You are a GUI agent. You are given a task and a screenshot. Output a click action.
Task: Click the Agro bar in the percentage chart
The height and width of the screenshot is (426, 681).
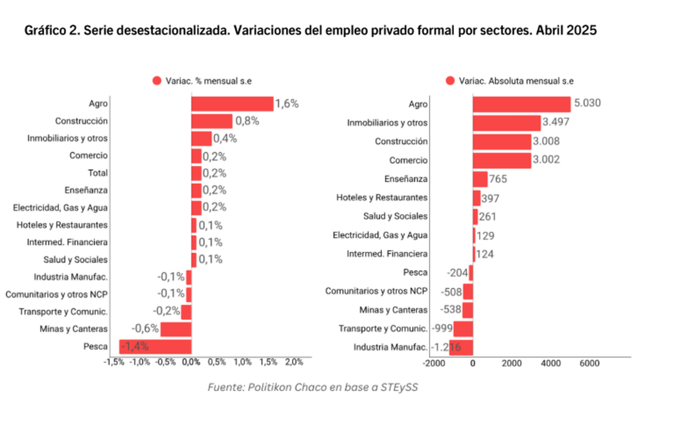(x=232, y=103)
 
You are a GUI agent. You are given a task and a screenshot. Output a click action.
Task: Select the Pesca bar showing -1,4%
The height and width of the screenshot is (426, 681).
(x=155, y=346)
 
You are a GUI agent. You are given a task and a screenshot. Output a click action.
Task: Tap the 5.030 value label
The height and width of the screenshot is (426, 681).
(x=587, y=103)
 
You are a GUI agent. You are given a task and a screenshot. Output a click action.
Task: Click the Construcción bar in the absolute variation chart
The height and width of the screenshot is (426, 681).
(x=502, y=141)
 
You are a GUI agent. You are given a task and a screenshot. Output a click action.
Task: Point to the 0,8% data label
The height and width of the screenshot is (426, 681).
(x=247, y=121)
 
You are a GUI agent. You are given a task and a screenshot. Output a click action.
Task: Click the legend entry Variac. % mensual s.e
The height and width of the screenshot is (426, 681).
(x=202, y=81)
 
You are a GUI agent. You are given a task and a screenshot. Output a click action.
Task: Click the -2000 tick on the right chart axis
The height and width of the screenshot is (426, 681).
(x=435, y=364)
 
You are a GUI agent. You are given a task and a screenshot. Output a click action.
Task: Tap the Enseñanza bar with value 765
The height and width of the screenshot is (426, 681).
(x=480, y=179)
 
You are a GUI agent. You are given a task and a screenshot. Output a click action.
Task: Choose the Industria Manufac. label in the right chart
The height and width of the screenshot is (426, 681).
(x=390, y=347)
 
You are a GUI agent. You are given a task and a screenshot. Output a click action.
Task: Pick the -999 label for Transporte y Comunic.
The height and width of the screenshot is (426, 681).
(x=442, y=328)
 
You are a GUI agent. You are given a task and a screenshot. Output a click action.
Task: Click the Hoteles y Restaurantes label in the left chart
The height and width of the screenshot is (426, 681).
(x=62, y=225)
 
